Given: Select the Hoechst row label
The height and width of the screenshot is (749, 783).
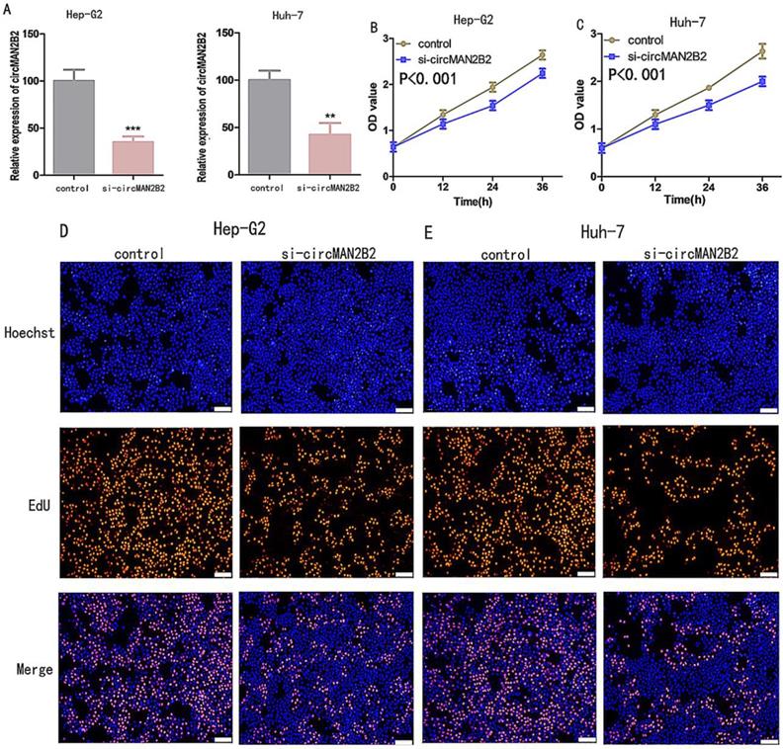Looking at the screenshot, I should [x=28, y=335].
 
